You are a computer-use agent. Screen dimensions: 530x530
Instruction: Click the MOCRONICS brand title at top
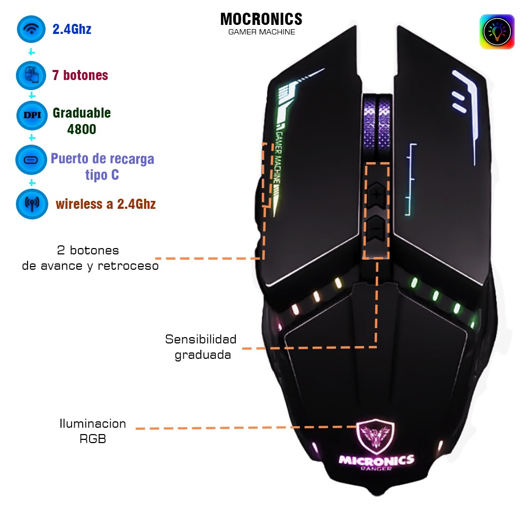coord(261,19)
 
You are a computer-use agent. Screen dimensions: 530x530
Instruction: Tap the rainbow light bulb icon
coord(497,32)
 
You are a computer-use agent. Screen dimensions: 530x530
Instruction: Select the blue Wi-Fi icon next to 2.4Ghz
coord(31,29)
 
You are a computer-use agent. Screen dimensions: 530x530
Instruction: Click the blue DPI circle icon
coord(32,115)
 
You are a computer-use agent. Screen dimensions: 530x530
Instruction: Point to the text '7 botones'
coord(80,75)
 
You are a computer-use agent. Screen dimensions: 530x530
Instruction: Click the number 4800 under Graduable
coord(82,129)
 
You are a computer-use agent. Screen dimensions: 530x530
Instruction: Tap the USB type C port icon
coord(31,160)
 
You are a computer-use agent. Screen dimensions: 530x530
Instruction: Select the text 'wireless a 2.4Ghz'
coord(106,204)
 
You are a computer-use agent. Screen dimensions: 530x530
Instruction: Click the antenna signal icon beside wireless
coord(32,204)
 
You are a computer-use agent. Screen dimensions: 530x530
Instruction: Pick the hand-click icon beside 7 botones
coord(31,75)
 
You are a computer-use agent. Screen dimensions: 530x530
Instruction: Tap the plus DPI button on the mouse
coord(376,195)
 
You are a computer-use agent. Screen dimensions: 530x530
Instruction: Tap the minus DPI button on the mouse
coord(376,228)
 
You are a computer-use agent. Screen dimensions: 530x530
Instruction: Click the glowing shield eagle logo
coord(375,436)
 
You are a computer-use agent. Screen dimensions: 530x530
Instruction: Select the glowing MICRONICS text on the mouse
coord(376,460)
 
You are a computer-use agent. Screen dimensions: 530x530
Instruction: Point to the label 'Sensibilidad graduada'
coord(201,347)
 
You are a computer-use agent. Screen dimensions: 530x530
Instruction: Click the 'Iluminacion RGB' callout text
coord(93,431)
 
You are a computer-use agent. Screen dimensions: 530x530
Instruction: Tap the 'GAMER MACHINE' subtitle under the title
coord(262,32)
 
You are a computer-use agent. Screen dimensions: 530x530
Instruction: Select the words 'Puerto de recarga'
coord(102,158)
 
